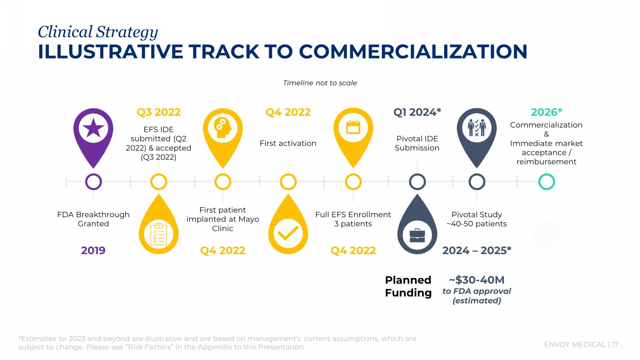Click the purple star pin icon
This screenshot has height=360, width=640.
tap(93, 132)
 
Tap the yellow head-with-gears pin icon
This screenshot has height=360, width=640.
tap(223, 132)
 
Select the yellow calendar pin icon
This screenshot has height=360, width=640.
tap(353, 132)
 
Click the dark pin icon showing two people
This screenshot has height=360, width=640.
tap(477, 132)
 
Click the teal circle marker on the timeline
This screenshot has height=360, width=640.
tap(546, 182)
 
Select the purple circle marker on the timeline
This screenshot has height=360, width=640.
tap(93, 182)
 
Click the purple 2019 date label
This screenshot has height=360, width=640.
tap(93, 250)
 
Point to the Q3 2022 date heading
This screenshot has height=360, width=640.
tap(159, 112)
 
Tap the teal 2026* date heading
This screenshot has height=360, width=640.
tap(546, 112)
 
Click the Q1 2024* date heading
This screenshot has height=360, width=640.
tap(417, 112)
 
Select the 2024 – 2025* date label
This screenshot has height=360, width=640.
tap(477, 250)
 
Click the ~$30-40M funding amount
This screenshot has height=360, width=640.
tap(477, 280)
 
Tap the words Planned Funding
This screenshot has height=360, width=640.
tap(408, 286)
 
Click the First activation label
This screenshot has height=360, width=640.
tap(288, 143)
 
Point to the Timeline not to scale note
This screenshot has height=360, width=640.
tap(320, 83)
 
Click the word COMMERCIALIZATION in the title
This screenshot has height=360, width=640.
tap(413, 52)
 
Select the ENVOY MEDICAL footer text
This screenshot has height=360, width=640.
tap(575, 345)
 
